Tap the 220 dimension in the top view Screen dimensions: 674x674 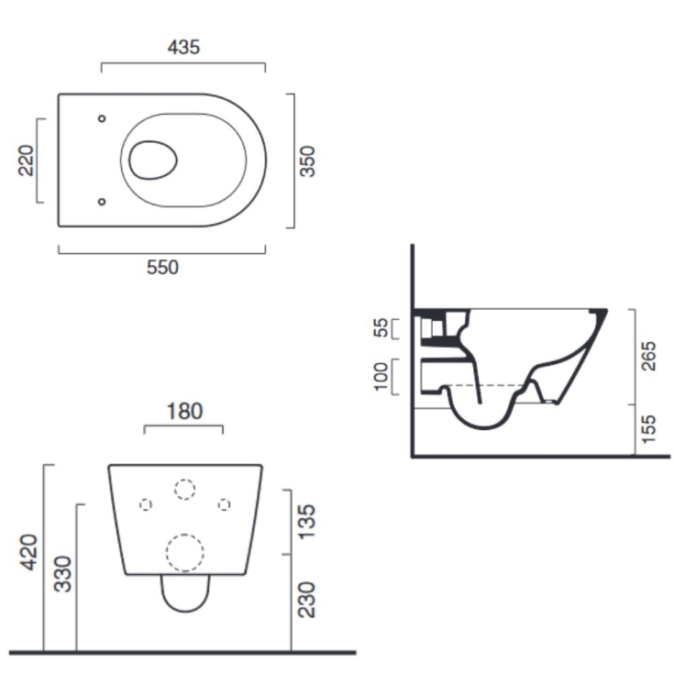point(26,160)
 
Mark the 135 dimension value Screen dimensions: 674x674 point(307,520)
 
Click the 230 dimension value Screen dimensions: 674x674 point(307,599)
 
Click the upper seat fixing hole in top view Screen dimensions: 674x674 point(102,119)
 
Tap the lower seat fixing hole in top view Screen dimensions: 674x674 point(102,201)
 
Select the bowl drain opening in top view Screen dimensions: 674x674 point(152,160)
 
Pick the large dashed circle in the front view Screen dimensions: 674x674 point(184,554)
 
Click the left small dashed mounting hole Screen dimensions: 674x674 point(145,504)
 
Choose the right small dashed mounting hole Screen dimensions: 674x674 point(224,504)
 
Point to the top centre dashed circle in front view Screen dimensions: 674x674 point(184,489)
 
